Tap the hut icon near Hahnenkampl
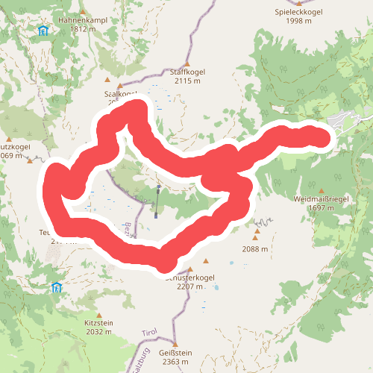tap(44, 31)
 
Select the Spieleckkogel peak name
tap(298, 13)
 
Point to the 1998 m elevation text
tap(298, 22)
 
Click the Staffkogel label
tap(189, 72)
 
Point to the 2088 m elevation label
tap(254, 249)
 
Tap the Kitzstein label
tap(98, 323)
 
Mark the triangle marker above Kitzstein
tap(98, 315)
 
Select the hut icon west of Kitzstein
tap(56, 287)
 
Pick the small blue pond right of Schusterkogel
tap(231, 264)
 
